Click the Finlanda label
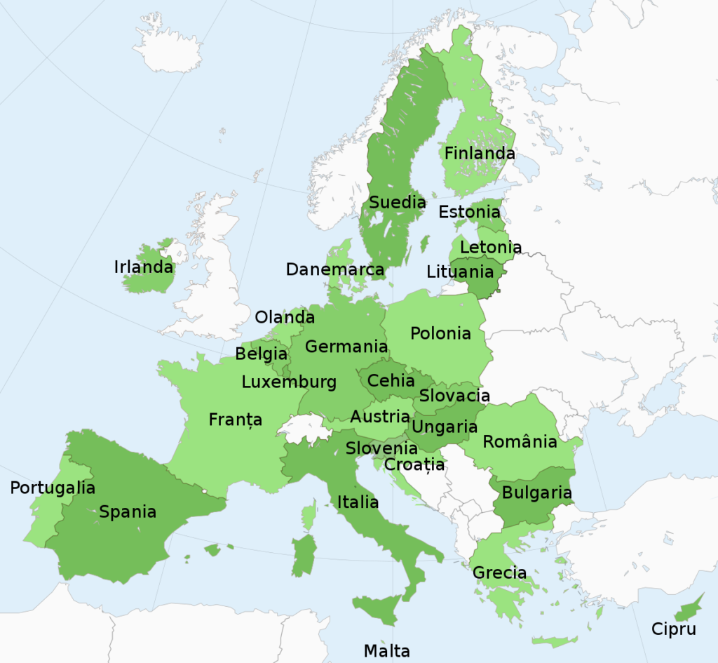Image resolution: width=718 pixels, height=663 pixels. pos(480,153)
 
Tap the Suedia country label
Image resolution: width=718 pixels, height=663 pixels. pos(397,203)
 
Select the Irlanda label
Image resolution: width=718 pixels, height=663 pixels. pos(143,267)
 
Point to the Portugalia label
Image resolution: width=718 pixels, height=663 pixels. pos(53,488)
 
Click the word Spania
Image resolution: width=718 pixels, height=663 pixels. pos(128,511)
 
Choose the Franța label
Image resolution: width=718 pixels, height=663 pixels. pos(236,420)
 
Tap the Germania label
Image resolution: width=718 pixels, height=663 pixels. pos(346,347)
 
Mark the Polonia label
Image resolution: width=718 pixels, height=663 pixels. pos(440,333)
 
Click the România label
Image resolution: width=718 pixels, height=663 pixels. pos(520,441)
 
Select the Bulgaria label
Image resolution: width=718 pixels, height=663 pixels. pos(536,493)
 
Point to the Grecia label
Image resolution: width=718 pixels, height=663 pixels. pos(499,572)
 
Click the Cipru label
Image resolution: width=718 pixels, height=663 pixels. pos(674,629)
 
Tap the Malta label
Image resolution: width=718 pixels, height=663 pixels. pos(386,650)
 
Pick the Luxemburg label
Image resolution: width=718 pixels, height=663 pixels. pos(289,382)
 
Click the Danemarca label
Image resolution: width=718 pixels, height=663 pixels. pos(335,269)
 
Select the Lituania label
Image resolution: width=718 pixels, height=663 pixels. pos(460,271)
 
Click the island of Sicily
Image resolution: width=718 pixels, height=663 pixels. pos(379,608)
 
